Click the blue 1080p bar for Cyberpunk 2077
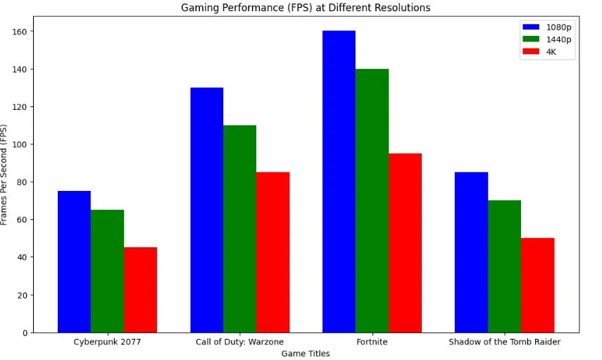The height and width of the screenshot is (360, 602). (74, 261)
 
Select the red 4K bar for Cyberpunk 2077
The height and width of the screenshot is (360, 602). (140, 290)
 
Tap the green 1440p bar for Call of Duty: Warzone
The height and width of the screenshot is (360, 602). (239, 229)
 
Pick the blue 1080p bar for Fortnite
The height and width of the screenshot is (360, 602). (339, 182)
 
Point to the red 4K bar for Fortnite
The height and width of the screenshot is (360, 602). (405, 243)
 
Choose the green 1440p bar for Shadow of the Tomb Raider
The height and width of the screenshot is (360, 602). (504, 266)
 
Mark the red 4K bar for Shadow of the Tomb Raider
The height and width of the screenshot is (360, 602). (537, 285)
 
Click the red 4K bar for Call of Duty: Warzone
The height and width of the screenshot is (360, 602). (272, 252)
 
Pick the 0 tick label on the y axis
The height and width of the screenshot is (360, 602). (25, 333)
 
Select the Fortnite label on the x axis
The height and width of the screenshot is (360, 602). (372, 342)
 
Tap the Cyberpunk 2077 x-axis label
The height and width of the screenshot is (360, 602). (107, 342)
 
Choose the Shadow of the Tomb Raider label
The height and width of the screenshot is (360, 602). (504, 342)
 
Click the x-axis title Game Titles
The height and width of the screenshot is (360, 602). (306, 354)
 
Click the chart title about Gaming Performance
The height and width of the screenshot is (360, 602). (306, 8)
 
